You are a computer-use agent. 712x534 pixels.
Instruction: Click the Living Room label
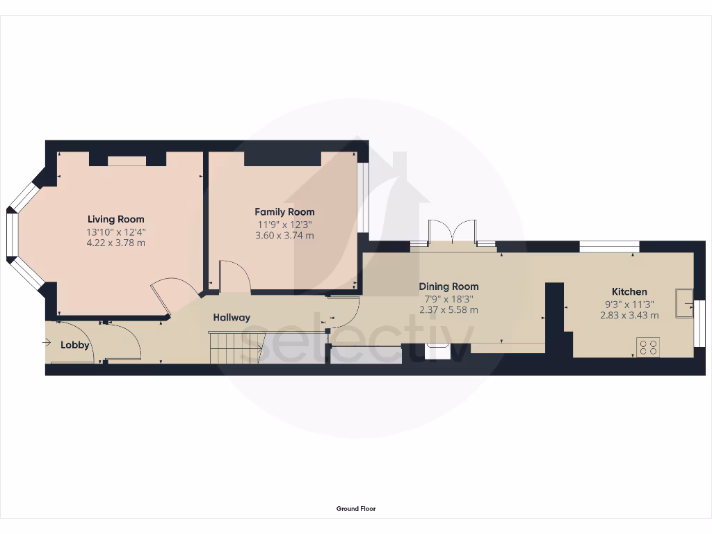115,219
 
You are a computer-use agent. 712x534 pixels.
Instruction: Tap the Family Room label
284,211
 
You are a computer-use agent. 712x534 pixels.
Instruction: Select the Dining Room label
448,286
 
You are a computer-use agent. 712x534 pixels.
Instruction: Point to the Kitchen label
629,291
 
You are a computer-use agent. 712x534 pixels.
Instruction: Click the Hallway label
231,318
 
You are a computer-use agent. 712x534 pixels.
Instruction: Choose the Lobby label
74,345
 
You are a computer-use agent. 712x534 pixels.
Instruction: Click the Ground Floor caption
356,509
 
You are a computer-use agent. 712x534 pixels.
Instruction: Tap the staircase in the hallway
236,347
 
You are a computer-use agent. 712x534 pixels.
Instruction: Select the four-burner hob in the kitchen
648,347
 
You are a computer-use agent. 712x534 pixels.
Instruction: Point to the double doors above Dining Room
452,232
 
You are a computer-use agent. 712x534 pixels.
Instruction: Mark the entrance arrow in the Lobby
47,342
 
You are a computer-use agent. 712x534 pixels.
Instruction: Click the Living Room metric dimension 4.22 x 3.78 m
115,243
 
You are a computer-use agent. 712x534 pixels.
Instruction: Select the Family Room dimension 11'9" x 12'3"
284,224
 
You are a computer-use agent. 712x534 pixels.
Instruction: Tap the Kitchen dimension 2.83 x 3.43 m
629,315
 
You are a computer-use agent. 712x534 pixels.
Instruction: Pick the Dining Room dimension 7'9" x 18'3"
448,298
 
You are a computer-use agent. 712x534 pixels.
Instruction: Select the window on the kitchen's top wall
609,245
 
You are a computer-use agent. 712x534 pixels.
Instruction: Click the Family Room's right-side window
362,197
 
